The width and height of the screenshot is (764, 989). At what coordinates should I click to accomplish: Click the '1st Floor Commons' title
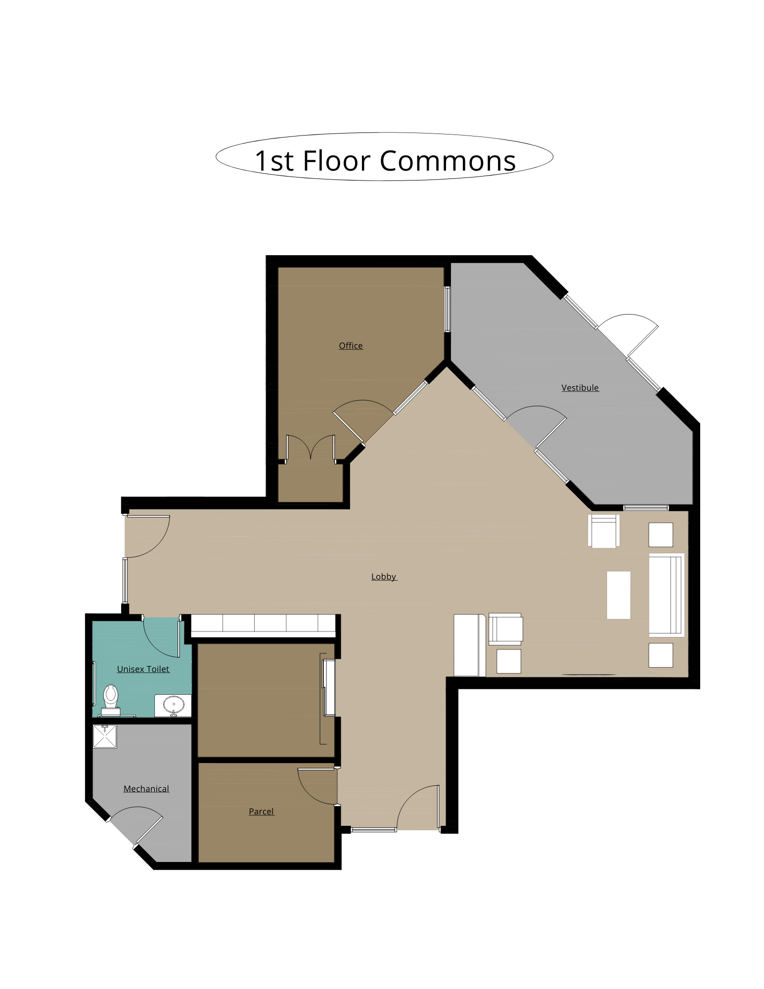tap(385, 161)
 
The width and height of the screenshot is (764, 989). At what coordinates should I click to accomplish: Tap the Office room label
tap(351, 346)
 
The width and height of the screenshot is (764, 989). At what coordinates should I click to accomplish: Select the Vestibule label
tap(580, 388)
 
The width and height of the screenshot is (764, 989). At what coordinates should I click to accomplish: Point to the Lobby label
tap(384, 577)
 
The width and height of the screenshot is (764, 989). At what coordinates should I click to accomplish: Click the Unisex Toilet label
tap(143, 669)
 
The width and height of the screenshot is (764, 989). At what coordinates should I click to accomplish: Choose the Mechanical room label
tap(146, 789)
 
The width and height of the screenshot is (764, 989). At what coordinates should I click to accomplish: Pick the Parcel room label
tap(261, 811)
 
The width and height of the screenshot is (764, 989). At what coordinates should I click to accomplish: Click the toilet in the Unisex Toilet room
tap(111, 700)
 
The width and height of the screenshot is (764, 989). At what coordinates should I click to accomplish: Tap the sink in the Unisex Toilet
tap(173, 705)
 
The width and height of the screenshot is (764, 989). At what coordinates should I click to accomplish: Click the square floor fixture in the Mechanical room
tap(105, 736)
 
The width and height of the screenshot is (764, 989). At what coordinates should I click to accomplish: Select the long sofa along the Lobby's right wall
tap(667, 595)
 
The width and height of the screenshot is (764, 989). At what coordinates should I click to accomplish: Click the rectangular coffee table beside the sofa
tap(619, 595)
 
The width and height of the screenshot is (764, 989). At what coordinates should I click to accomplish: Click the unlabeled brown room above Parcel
tap(266, 700)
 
